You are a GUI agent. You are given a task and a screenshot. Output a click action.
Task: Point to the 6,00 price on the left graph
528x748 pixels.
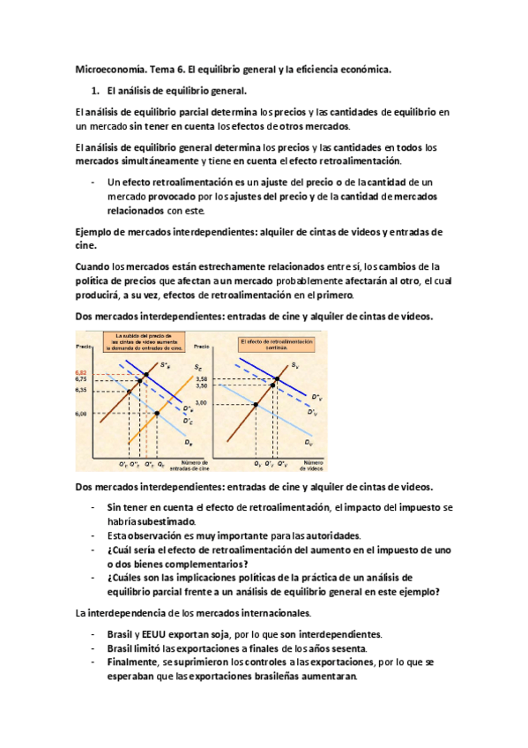tap(81, 413)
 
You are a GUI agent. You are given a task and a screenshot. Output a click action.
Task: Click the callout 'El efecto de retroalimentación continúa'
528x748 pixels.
tap(272, 342)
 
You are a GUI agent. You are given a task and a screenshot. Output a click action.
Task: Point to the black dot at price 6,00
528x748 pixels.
tap(158, 413)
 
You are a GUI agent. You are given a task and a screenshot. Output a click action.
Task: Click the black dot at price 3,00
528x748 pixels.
tap(256, 403)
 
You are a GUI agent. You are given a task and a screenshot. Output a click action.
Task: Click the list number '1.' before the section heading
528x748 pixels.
tap(97, 90)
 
